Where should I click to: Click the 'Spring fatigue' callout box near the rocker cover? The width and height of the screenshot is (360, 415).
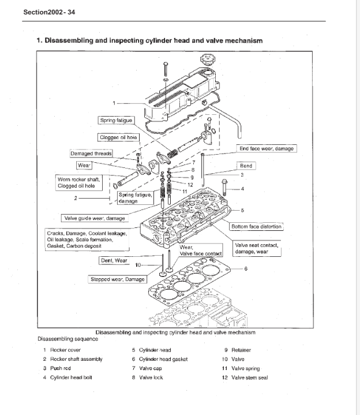[x=116, y=120]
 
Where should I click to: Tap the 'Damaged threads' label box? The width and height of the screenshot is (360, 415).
[x=91, y=154]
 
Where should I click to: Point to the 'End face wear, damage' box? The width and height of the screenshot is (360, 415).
[x=267, y=148]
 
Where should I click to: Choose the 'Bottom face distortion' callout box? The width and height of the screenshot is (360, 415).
[x=257, y=226]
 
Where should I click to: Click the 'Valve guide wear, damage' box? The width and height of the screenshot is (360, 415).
[x=93, y=218]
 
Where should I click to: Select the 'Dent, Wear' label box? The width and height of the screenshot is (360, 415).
[x=114, y=260]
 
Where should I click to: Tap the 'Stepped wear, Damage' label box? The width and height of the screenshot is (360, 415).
[x=117, y=279]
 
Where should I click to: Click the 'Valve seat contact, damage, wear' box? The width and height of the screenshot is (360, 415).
[x=257, y=249]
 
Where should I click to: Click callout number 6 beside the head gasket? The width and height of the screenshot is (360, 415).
[x=246, y=269]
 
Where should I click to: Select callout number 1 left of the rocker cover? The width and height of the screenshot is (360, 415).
[x=114, y=103]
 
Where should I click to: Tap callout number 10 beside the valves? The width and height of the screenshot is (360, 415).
[x=138, y=265]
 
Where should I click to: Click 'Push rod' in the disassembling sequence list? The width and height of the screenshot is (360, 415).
[x=60, y=368]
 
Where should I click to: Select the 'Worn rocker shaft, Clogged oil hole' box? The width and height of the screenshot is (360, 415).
[x=79, y=182]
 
